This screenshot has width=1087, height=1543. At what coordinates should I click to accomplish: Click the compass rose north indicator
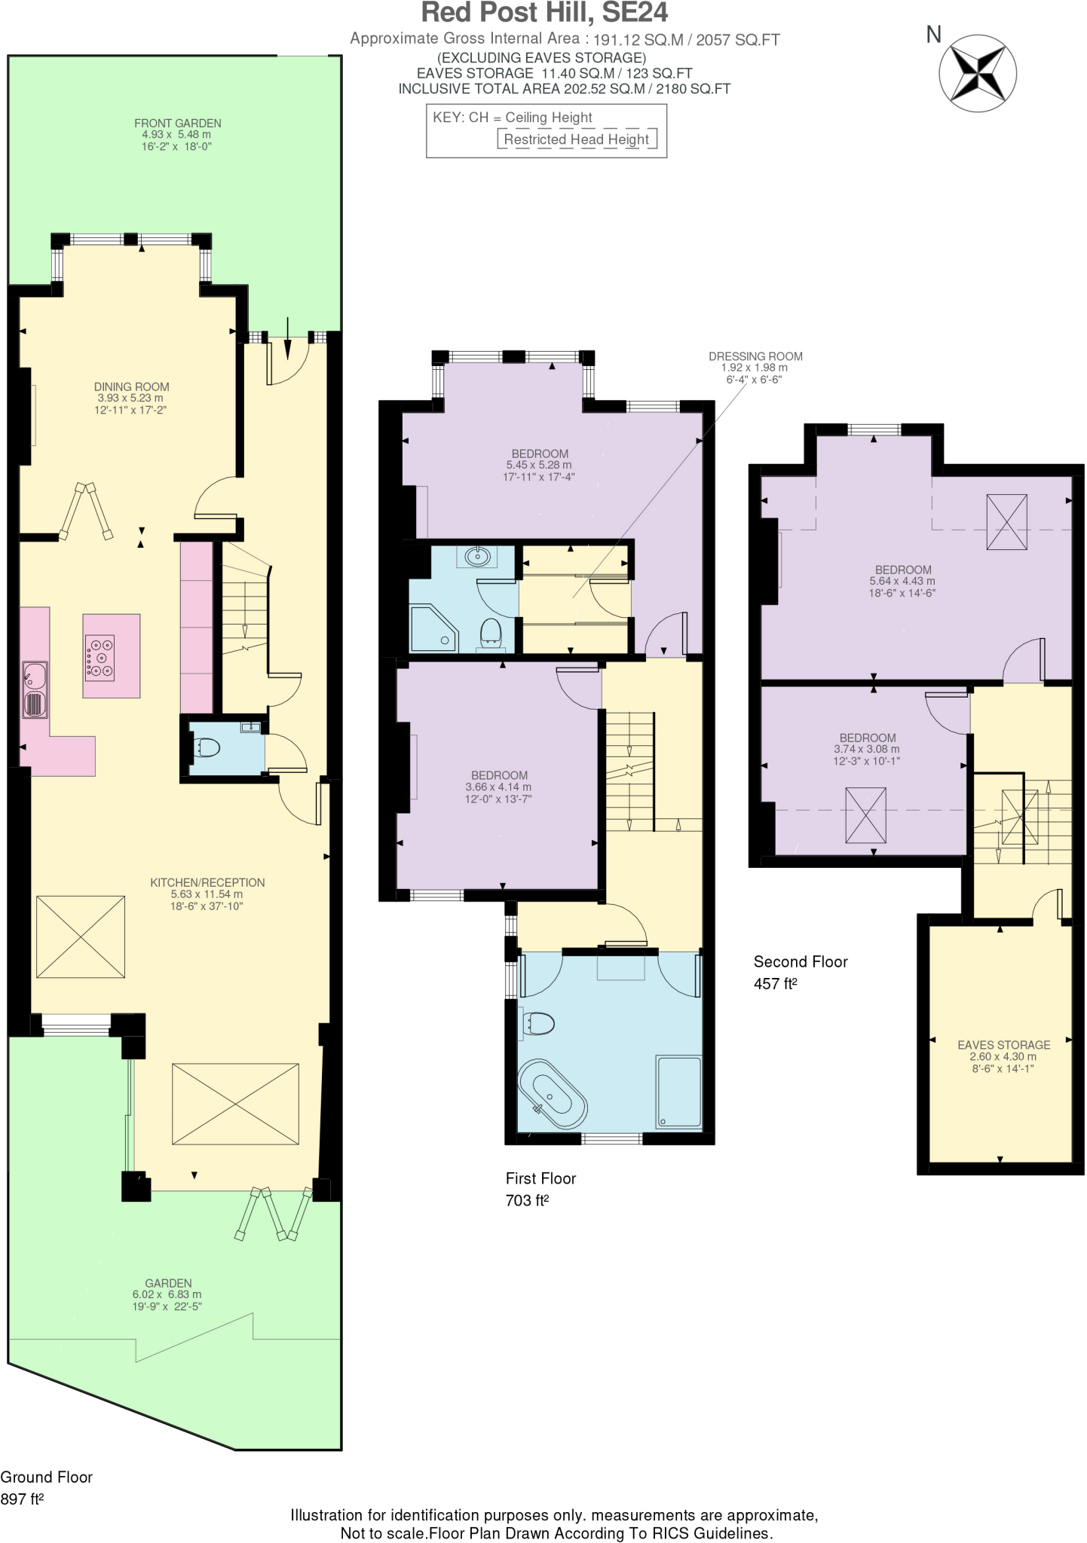click(x=977, y=73)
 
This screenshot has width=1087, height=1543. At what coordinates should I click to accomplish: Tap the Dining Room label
click(x=131, y=387)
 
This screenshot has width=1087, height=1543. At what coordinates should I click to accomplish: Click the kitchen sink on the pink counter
click(x=35, y=689)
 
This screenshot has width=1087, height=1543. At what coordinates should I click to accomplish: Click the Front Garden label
click(x=177, y=124)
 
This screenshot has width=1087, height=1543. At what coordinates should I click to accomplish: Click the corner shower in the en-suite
click(x=433, y=628)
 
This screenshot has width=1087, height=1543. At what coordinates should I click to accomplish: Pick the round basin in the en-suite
click(x=476, y=557)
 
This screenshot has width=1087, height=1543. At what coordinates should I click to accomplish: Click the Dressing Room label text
click(x=755, y=356)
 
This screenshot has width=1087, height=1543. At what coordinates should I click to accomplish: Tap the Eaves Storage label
click(x=1003, y=1045)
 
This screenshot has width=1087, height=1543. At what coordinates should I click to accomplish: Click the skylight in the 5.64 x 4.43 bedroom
click(x=1006, y=523)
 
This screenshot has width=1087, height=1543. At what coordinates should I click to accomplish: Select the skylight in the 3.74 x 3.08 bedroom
click(x=865, y=814)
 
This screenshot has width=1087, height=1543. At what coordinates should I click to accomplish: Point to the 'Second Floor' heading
click(x=801, y=962)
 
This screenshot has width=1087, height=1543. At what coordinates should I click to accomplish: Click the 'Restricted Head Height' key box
click(x=576, y=139)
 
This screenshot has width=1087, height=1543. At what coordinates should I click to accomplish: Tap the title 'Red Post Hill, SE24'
click(x=543, y=14)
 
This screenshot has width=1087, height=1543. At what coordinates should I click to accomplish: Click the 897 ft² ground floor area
click(x=22, y=1499)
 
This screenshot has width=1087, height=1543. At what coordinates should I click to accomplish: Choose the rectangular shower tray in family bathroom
click(x=678, y=1092)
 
